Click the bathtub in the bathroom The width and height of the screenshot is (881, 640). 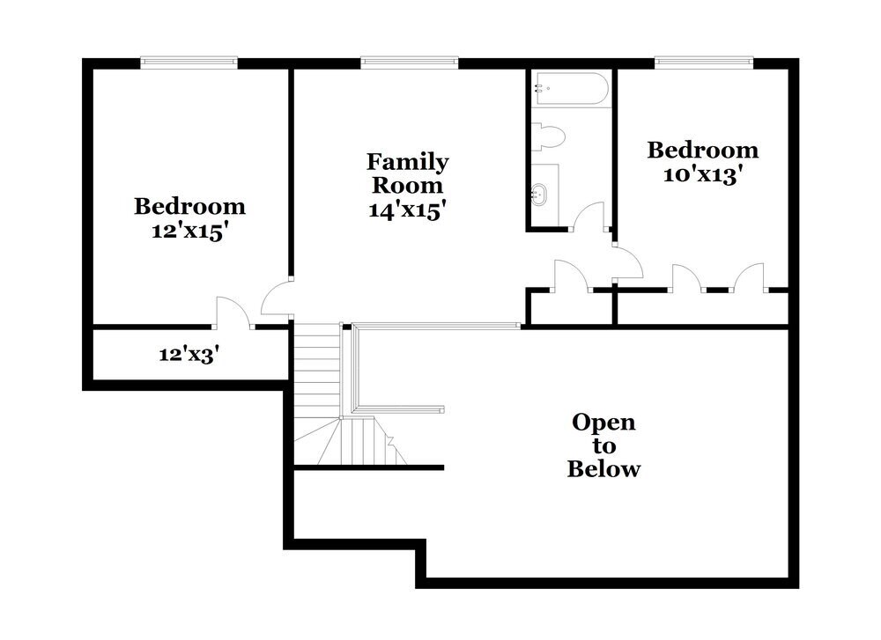pyautogui.click(x=570, y=90)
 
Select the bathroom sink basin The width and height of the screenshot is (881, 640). pyautogui.click(x=539, y=195)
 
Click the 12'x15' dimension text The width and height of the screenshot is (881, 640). pyautogui.click(x=189, y=232)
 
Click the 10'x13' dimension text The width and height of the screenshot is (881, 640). pyautogui.click(x=702, y=174)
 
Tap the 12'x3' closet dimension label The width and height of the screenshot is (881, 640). pyautogui.click(x=189, y=355)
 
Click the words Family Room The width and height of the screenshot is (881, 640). pyautogui.click(x=407, y=173)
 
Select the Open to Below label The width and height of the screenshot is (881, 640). pyautogui.click(x=603, y=445)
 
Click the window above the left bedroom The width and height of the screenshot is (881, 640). pyautogui.click(x=189, y=62)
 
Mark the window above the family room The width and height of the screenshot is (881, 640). pyautogui.click(x=410, y=62)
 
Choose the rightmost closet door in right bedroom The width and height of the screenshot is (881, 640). pyautogui.click(x=750, y=276)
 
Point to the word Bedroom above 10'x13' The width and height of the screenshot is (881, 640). pyautogui.click(x=702, y=150)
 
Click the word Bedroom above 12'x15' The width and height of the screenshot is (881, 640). pyautogui.click(x=189, y=207)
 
